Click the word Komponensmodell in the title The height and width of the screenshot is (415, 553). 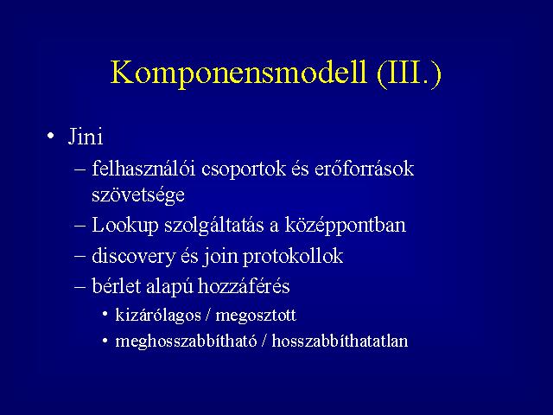click(238, 73)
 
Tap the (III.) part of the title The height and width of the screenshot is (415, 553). click(409, 73)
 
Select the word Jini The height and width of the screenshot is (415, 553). click(86, 137)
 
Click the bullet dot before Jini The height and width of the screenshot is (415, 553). click(51, 136)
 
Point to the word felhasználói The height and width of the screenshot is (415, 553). click(143, 169)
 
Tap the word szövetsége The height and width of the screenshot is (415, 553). click(138, 195)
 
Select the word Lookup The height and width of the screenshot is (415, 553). click(124, 226)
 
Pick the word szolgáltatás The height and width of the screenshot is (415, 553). click(214, 226)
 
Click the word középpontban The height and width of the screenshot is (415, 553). click(346, 226)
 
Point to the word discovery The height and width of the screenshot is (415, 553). click(133, 257)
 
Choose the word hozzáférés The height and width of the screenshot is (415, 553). click(244, 286)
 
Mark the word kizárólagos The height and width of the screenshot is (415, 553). click(158, 315)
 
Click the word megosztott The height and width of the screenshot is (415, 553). click(256, 316)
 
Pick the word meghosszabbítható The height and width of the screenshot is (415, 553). click(186, 342)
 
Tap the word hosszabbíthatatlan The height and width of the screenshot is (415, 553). click(340, 341)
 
